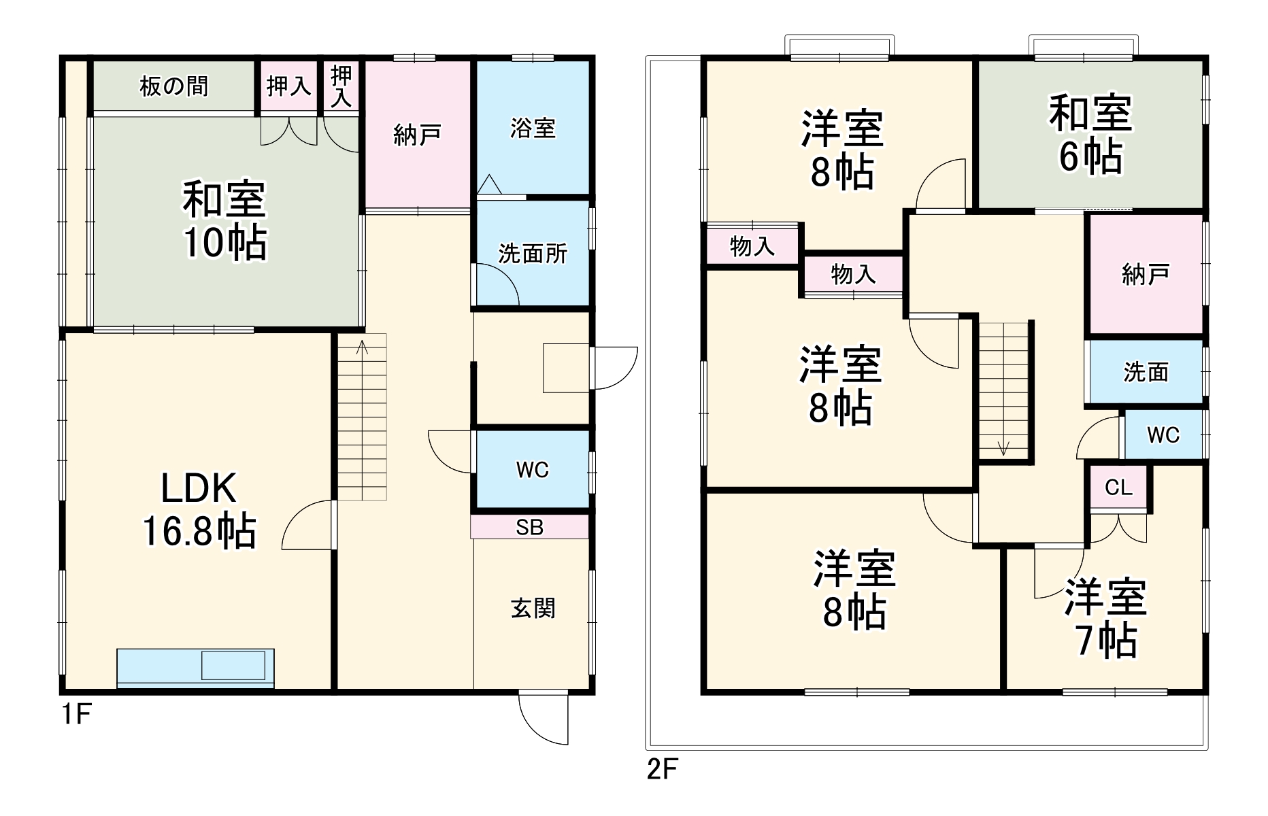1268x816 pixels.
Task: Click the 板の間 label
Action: [173, 86]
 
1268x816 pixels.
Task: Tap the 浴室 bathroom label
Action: [533, 128]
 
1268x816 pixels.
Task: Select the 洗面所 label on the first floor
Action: [533, 254]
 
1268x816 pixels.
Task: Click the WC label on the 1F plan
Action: [532, 469]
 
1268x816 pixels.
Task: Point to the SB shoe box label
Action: [529, 527]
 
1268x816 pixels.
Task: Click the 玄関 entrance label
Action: [533, 608]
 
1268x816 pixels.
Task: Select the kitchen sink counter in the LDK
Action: [195, 668]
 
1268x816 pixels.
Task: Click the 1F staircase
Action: [363, 417]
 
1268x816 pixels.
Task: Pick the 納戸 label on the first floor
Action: [417, 135]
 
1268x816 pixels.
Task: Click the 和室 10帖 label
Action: [224, 220]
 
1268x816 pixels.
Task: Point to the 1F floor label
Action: [76, 715]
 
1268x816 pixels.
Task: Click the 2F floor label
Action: [661, 769]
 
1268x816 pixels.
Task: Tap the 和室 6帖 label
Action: [1090, 135]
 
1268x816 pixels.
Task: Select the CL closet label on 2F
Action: [1118, 487]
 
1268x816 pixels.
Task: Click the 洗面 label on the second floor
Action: [1146, 372]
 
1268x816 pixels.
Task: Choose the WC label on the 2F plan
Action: [1163, 435]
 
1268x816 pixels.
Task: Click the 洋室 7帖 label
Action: [1105, 617]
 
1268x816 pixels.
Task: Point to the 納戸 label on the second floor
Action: [1146, 274]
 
